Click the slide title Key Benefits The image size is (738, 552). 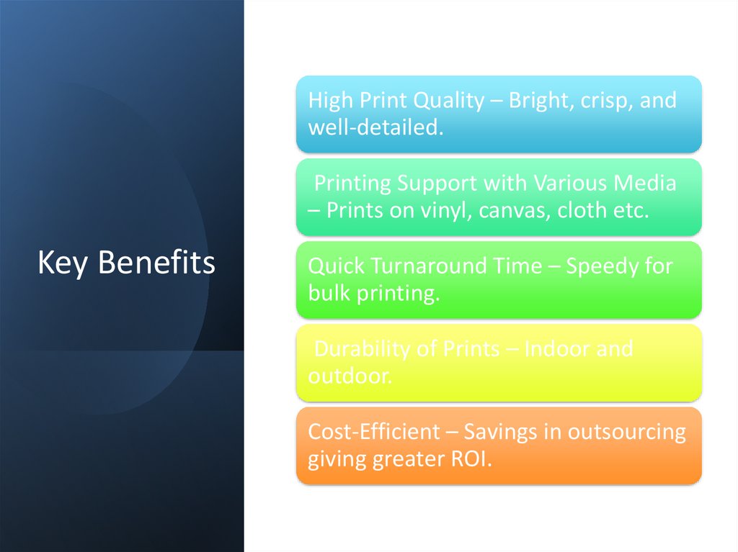tap(126, 263)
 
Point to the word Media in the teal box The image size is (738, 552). tap(644, 184)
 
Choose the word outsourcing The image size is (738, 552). tap(626, 432)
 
